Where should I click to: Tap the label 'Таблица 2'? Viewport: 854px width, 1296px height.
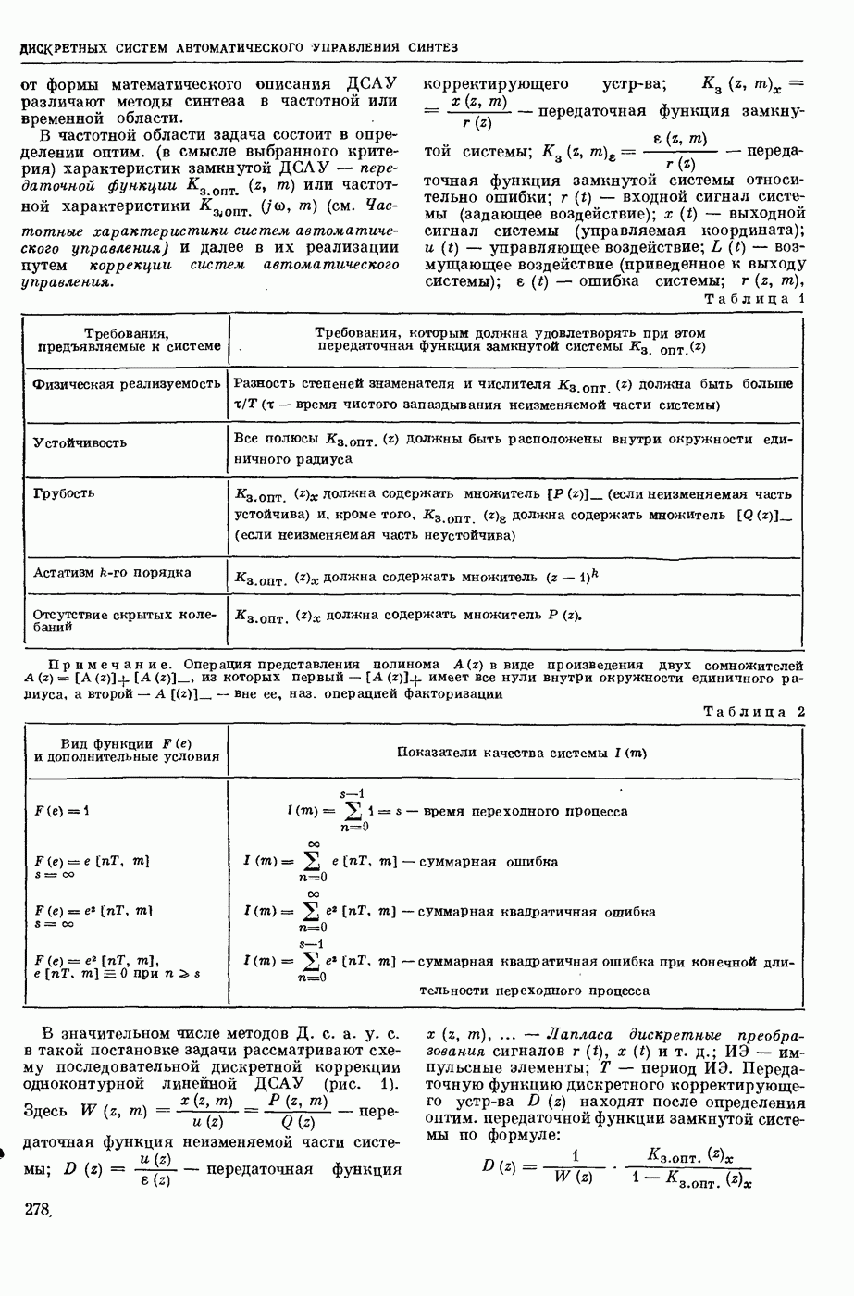(754, 711)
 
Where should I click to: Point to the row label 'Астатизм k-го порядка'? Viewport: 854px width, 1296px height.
(112, 572)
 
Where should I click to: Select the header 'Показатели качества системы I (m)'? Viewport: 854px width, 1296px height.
(521, 753)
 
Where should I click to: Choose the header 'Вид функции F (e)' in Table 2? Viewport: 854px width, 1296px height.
(126, 743)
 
